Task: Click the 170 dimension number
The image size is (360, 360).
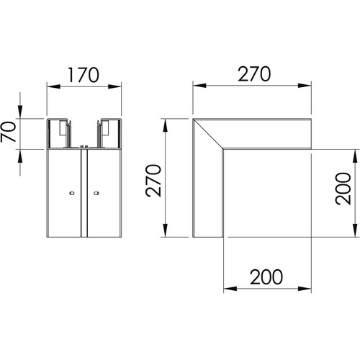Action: click(x=84, y=75)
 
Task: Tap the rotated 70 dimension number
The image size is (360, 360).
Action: click(x=8, y=132)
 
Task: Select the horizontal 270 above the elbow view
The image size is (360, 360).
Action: click(x=254, y=74)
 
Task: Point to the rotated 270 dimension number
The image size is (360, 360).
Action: click(x=153, y=181)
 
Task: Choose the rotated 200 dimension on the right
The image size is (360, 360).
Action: click(x=343, y=189)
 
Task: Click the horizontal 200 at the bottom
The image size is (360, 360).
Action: click(x=266, y=277)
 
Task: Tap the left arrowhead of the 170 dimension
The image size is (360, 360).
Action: click(x=53, y=86)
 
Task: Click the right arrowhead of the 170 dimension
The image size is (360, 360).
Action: click(x=114, y=86)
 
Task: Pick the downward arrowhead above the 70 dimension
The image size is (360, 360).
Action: click(x=20, y=112)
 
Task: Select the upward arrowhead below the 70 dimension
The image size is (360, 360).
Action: click(x=20, y=156)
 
